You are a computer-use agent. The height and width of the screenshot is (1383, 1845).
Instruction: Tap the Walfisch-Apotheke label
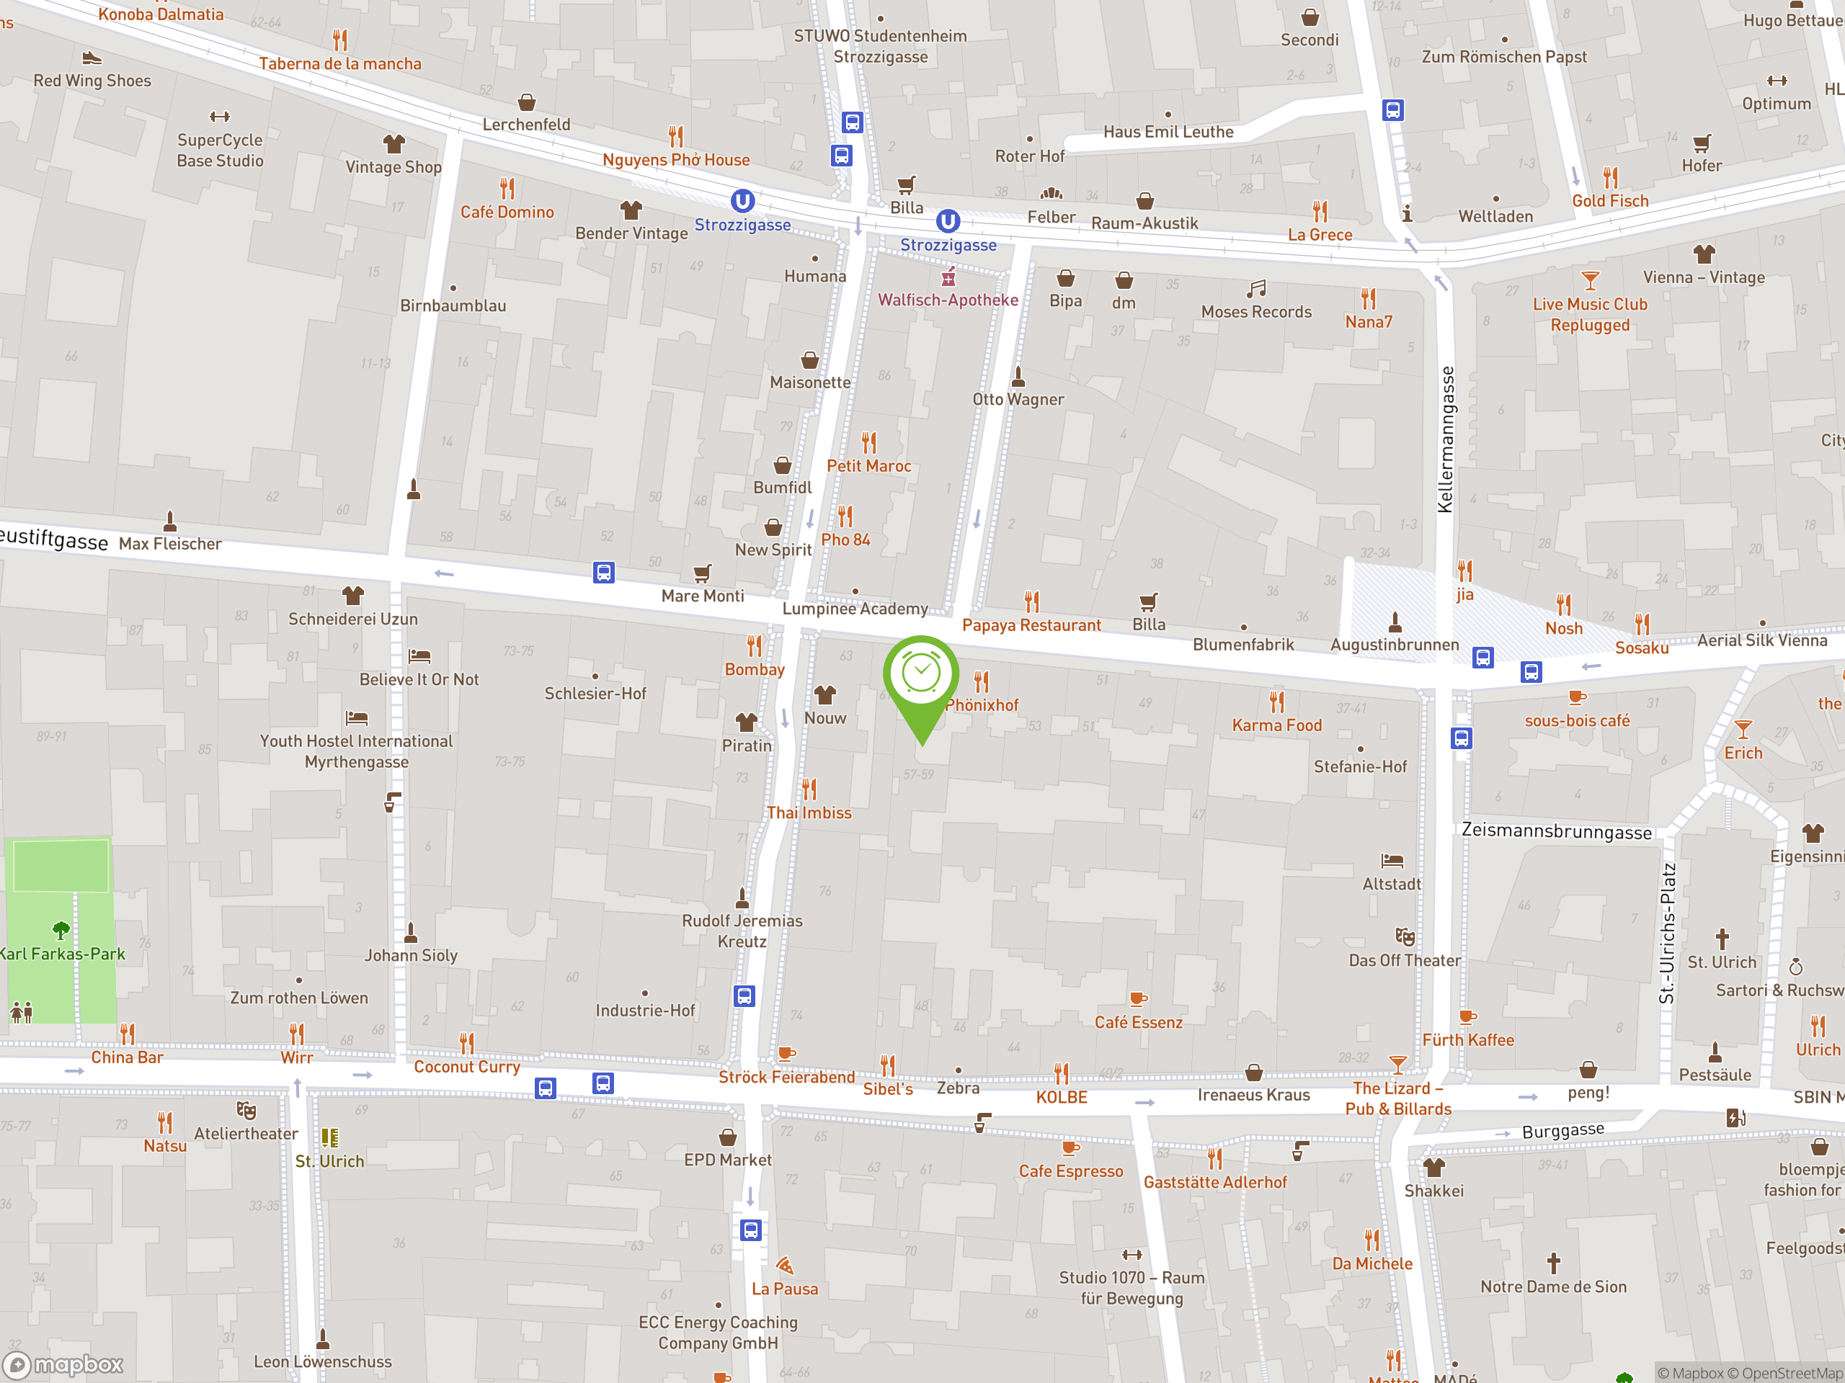[x=948, y=300]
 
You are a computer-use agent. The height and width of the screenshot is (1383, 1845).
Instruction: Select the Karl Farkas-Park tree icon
[x=61, y=929]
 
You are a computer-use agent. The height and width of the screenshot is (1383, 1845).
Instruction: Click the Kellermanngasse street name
[x=1446, y=439]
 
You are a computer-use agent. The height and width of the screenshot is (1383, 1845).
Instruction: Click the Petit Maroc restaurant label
[x=868, y=466]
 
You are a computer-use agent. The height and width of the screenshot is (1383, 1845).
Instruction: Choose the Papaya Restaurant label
[x=1031, y=625]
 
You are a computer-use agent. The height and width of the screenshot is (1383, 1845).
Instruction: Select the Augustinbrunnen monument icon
[x=1395, y=622]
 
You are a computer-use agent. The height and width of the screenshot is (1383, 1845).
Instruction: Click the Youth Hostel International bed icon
[x=356, y=717]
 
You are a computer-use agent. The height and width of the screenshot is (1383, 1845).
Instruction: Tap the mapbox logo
[x=65, y=1366]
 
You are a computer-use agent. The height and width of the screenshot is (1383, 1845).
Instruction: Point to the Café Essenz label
[x=1138, y=1023]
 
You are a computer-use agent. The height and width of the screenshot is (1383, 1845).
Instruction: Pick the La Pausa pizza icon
[x=784, y=1266]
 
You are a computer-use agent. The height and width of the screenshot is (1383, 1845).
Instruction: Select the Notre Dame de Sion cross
[x=1553, y=1263]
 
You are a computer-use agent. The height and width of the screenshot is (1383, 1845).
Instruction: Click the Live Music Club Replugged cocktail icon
[x=1590, y=280]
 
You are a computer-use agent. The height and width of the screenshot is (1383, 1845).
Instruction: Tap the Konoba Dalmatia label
[x=161, y=14]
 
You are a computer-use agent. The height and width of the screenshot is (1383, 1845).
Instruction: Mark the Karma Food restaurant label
[x=1276, y=725]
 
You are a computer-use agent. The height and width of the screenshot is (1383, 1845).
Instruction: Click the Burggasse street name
[x=1562, y=1130]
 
